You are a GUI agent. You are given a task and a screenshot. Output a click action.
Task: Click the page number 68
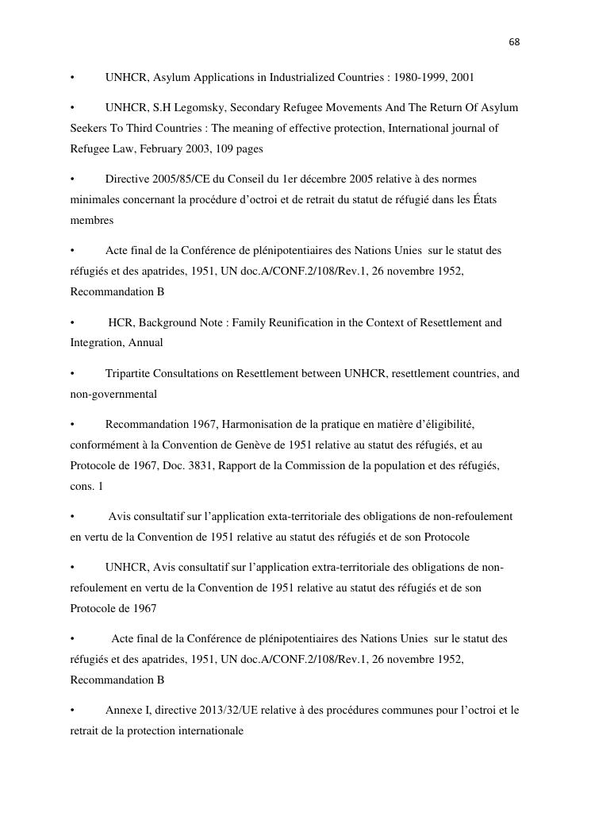click(x=514, y=41)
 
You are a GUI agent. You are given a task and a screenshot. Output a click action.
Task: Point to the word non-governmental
click(x=113, y=394)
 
